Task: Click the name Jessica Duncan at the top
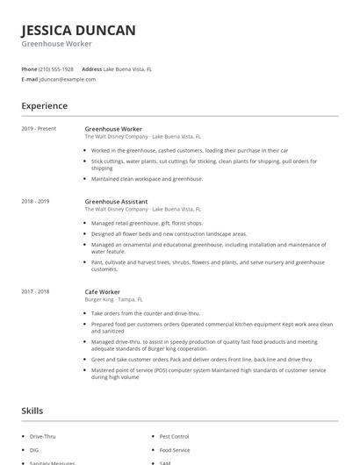point(78,31)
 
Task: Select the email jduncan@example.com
point(68,79)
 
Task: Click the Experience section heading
point(45,106)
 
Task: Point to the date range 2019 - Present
point(39,129)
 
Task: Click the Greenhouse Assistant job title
point(117,201)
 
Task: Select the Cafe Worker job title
point(103,291)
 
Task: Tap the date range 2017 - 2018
point(36,291)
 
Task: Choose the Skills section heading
point(32,410)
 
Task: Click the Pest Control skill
point(174,436)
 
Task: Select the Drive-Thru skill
point(42,436)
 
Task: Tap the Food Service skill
point(174,449)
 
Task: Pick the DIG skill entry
point(34,449)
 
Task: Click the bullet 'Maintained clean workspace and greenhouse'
point(147,178)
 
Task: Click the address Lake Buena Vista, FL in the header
point(127,68)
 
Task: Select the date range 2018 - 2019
point(36,201)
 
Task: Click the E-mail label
point(29,79)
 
